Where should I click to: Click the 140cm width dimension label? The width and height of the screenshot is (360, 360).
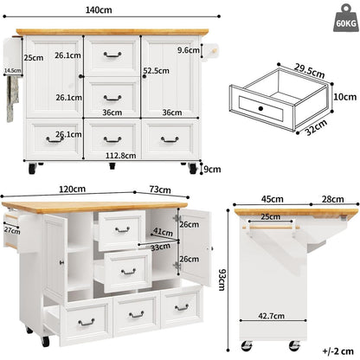click(99, 10)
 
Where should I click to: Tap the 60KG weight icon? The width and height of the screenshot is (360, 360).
click(345, 18)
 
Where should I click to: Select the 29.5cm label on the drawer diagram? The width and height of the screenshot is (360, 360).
click(310, 71)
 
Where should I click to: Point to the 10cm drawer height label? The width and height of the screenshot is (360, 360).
click(345, 97)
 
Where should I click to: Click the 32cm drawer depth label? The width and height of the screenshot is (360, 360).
click(316, 127)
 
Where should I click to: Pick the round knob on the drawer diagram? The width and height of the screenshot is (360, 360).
click(260, 109)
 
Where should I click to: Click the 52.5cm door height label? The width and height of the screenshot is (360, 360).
click(157, 71)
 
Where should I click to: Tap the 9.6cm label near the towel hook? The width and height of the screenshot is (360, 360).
click(189, 50)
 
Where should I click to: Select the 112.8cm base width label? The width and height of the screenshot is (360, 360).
click(120, 156)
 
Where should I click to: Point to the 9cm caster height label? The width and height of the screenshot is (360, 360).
click(212, 170)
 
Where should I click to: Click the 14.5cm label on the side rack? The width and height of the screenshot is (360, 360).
click(12, 70)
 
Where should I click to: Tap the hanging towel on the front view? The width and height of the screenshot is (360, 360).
click(12, 99)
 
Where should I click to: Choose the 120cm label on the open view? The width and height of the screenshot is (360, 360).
click(72, 190)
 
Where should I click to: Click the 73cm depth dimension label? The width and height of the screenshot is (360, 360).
click(160, 190)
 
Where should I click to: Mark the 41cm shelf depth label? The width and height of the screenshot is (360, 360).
click(163, 232)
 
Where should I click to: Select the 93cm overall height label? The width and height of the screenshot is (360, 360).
click(222, 280)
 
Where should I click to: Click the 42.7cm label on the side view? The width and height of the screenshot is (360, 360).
click(271, 316)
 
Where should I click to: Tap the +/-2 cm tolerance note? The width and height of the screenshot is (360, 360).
click(337, 351)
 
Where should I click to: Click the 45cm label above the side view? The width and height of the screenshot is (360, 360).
click(273, 199)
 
